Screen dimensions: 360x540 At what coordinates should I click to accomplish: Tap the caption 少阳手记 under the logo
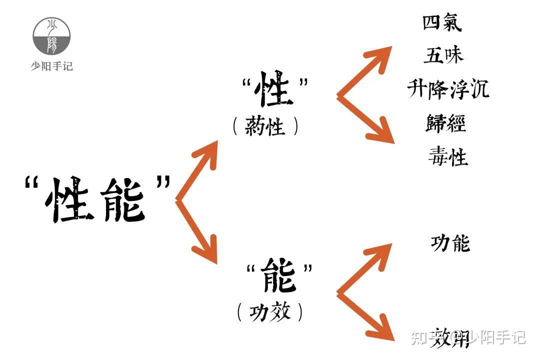pos(51,66)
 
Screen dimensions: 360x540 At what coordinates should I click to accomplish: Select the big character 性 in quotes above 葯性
pos(273,90)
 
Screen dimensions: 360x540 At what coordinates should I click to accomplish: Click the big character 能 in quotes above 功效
pos(279,275)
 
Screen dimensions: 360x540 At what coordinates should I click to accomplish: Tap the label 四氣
pos(442,23)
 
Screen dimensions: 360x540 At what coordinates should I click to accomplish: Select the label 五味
pos(443,55)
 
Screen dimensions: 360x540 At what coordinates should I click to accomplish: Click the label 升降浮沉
pos(447,89)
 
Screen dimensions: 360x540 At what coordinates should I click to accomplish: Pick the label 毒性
pos(447,157)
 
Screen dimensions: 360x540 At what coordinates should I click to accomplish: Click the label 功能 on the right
pos(450,243)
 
